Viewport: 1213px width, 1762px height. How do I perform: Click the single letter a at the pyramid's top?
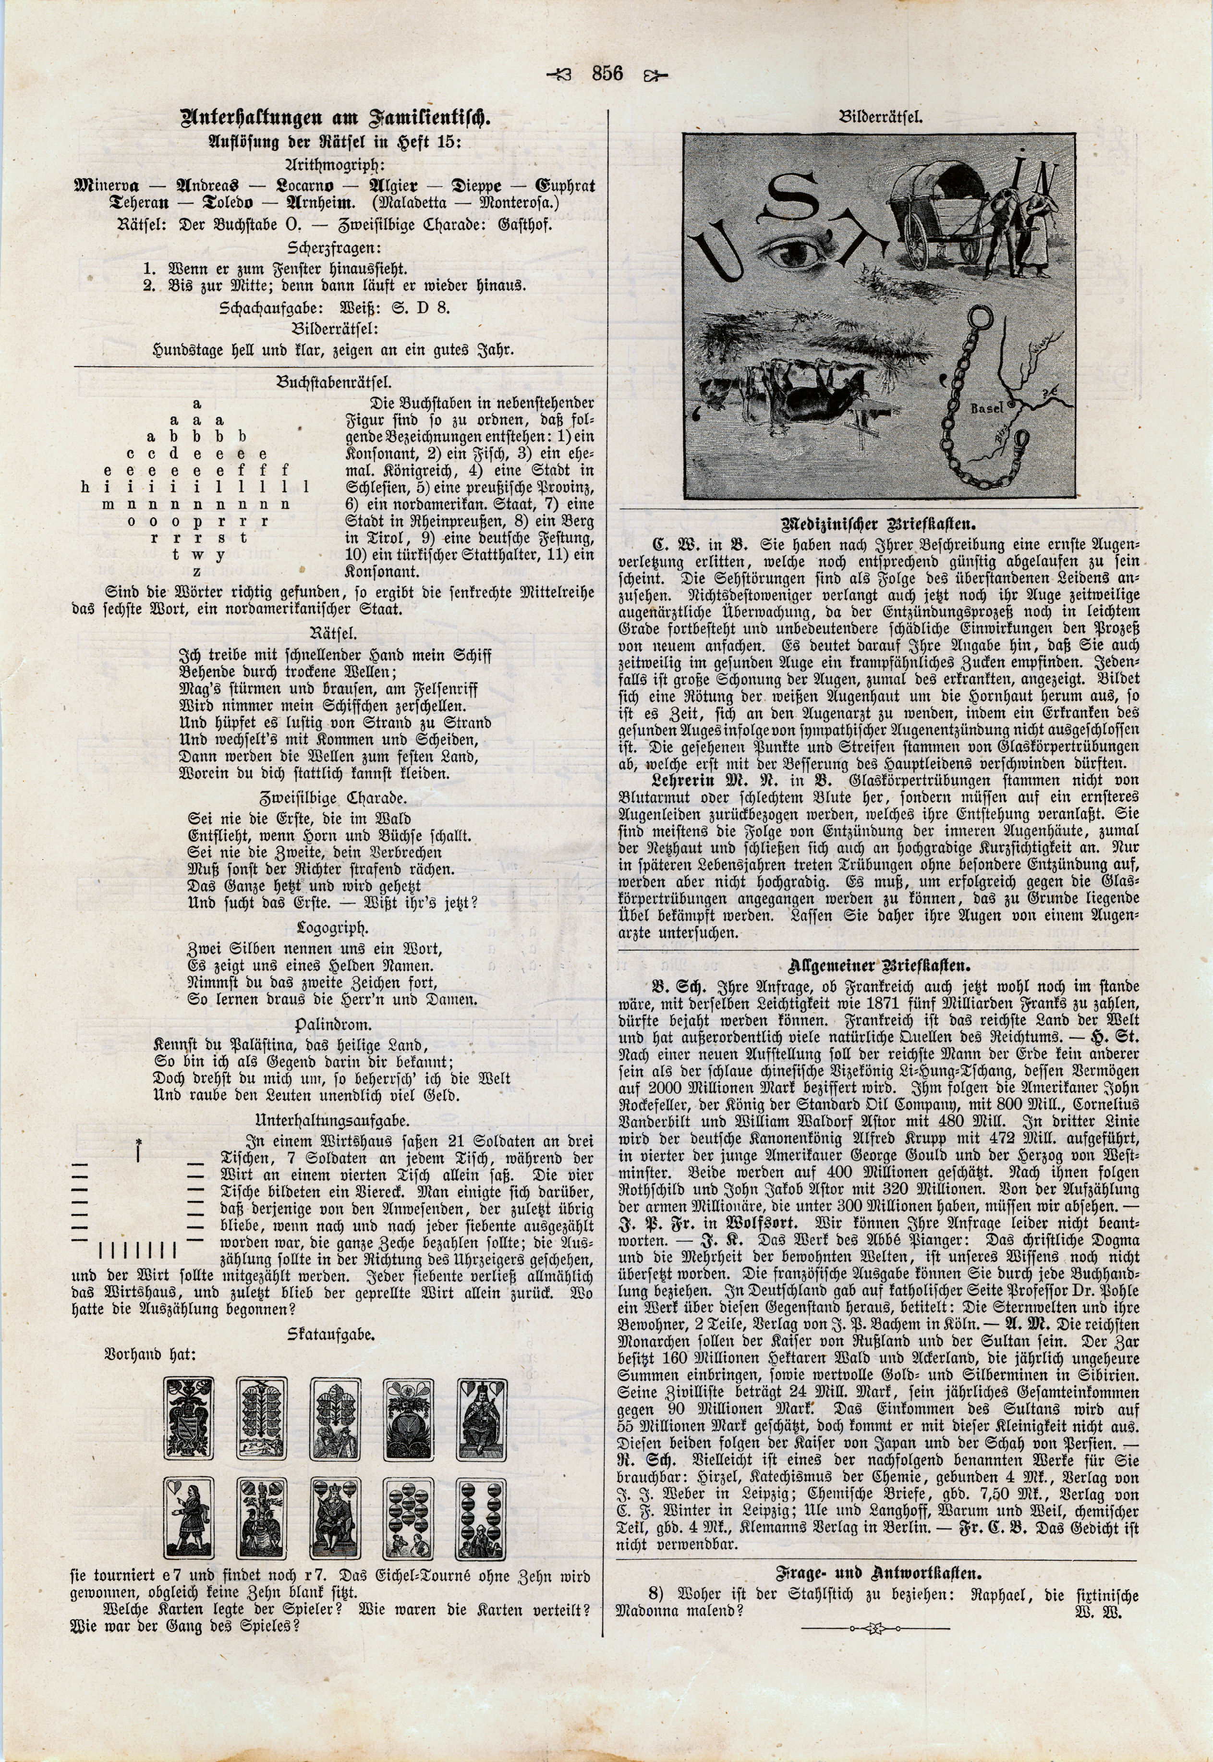(x=197, y=403)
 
